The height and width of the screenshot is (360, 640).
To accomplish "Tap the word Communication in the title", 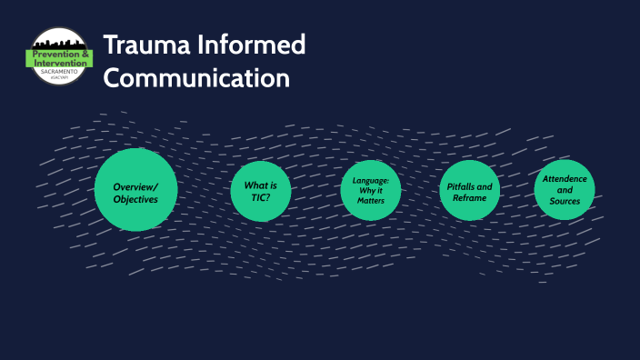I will [196, 78].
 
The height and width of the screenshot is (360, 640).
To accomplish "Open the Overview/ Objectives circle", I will [135, 189].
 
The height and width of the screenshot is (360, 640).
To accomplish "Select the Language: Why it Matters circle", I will [371, 189].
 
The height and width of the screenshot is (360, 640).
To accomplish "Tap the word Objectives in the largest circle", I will [135, 199].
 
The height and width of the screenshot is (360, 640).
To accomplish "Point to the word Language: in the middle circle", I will [371, 179].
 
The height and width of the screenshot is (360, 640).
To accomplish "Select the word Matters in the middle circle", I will [371, 200].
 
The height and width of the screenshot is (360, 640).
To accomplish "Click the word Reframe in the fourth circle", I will [470, 198].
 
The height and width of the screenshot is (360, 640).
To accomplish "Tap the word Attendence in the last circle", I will [565, 179].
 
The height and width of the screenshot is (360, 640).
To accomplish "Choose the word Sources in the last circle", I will [565, 201].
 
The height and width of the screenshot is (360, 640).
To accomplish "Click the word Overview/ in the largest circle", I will [135, 186].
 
